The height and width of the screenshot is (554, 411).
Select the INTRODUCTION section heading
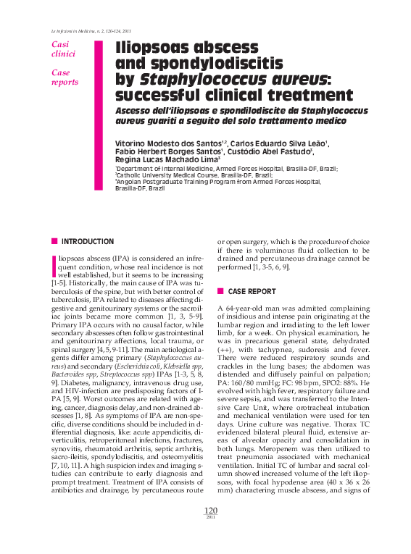[87, 241]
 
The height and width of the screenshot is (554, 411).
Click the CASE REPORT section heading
[252, 291]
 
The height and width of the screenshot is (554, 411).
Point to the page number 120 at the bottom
[210, 531]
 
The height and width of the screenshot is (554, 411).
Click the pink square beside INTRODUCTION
[54, 241]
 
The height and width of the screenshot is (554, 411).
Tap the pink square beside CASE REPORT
[220, 291]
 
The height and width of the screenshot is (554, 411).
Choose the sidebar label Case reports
[65, 77]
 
